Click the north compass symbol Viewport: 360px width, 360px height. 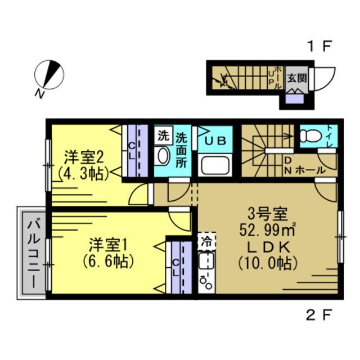click(49, 75)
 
